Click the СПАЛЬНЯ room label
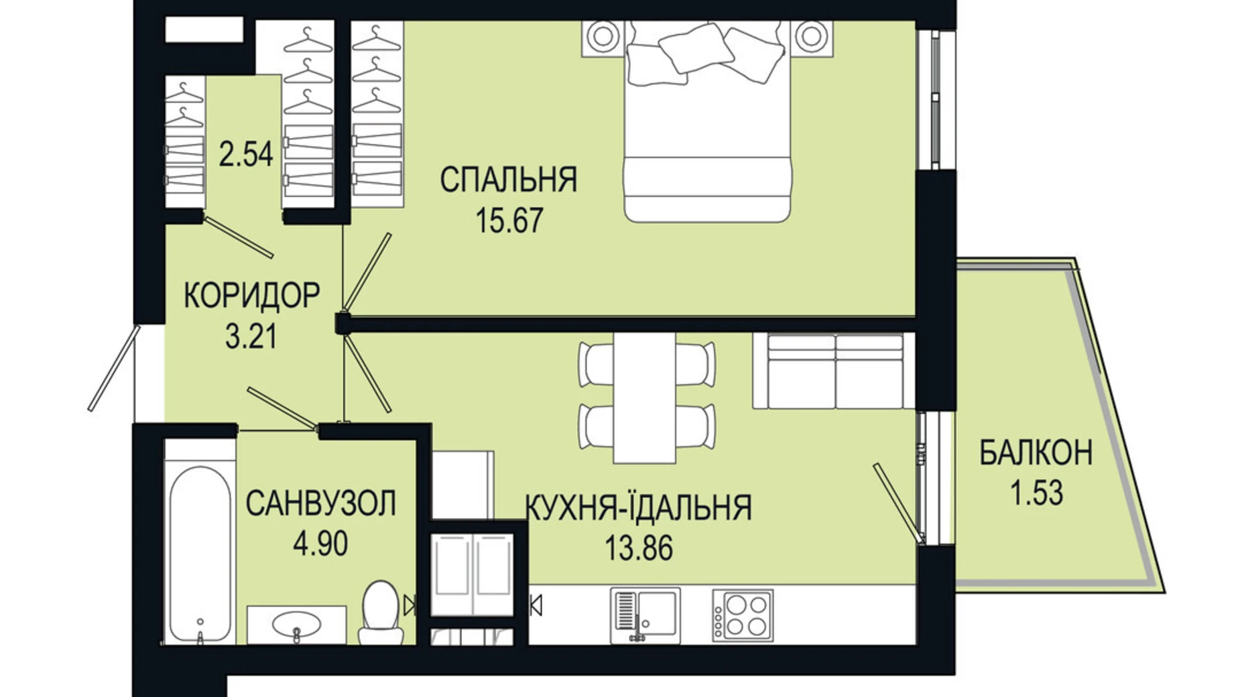click(508, 180)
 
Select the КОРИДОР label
click(251, 295)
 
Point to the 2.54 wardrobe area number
click(245, 154)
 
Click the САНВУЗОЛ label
click(320, 503)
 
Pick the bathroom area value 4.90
click(320, 544)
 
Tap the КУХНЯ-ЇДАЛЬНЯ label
click(638, 507)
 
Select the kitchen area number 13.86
click(638, 548)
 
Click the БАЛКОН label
click(1035, 453)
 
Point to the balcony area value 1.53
click(1036, 493)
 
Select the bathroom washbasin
click(296, 625)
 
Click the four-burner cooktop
click(742, 615)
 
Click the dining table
click(644, 397)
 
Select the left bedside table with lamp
click(603, 37)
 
